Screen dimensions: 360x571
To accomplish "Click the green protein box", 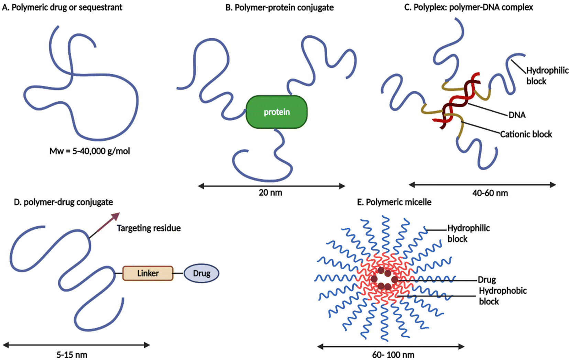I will coord(276,112).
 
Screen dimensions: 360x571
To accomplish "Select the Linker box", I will coord(148,273).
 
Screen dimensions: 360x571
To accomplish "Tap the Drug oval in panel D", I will coord(201,273).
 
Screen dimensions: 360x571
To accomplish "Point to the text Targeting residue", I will coord(149,228).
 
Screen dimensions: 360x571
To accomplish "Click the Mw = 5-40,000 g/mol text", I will coord(90,151).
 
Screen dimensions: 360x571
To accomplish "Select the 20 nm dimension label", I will coord(270,193).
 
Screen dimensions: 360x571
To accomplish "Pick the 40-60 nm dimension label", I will coord(490,193).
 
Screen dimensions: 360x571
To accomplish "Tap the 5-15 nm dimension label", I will coord(72,354).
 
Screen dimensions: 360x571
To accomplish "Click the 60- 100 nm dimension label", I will coord(393,355).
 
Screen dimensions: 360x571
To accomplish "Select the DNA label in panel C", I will coord(517,115).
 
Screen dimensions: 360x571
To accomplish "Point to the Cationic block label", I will coord(526,134).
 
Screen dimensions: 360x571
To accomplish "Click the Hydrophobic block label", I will coord(502,296).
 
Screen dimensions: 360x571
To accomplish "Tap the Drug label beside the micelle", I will coord(487,280).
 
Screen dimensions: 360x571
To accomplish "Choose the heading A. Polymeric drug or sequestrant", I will coord(62,7).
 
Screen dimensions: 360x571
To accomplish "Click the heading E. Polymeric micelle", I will coord(394,202).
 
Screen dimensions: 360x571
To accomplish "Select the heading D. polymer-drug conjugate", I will coord(63,202).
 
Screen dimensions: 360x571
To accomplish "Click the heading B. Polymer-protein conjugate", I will coord(279,8).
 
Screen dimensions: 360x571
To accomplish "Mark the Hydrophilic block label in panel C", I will coord(547,76).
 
